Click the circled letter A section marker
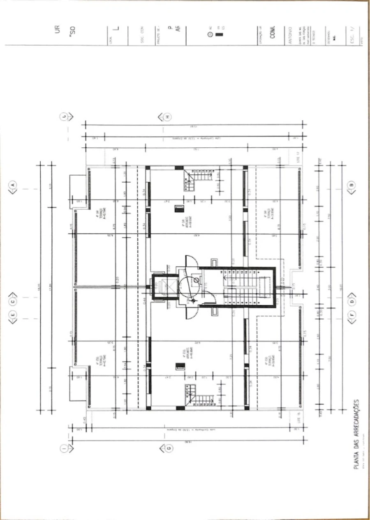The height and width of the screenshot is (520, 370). [12, 185]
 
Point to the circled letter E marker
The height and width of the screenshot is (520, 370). [12, 315]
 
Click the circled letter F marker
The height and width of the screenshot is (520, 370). [352, 315]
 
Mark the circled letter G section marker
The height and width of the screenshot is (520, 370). [168, 448]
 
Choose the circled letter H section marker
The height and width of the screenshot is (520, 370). [168, 117]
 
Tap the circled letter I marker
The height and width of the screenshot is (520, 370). [64, 448]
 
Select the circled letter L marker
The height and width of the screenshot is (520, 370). [64, 117]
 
